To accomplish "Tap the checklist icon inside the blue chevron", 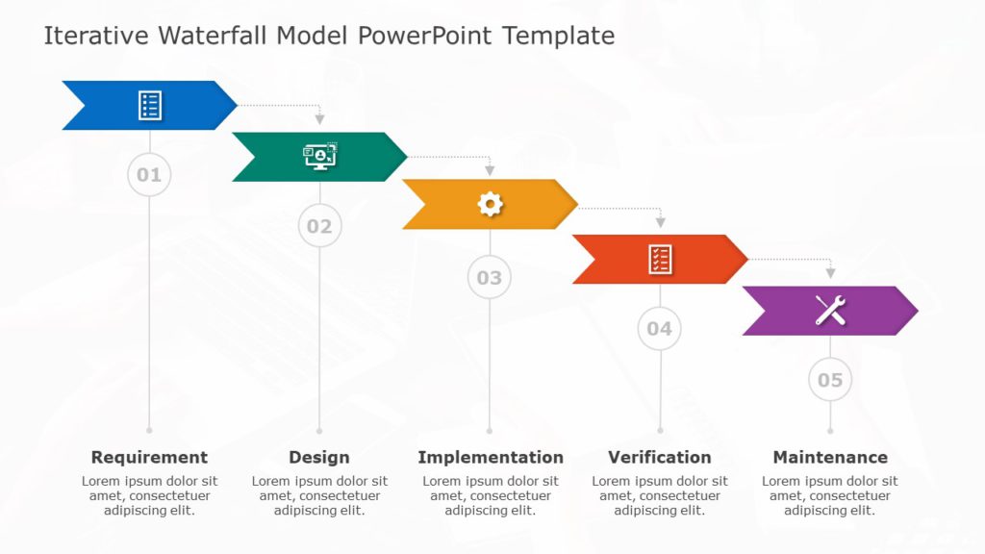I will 149,106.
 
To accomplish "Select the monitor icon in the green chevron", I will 320,157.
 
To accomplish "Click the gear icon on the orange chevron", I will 490,204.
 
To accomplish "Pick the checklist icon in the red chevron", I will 660,259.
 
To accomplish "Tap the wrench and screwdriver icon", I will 830,310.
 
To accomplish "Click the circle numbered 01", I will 149,175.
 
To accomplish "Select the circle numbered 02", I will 319,226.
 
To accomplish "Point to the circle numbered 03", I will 490,278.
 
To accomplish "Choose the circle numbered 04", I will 659,328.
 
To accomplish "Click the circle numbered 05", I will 829,380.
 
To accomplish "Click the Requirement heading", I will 149,457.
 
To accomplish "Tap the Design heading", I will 319,457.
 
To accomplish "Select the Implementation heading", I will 491,457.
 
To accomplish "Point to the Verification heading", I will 660,457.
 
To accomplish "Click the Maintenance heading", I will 830,457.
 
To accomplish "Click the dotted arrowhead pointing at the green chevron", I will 319,119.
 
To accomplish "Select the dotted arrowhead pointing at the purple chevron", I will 830,273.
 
